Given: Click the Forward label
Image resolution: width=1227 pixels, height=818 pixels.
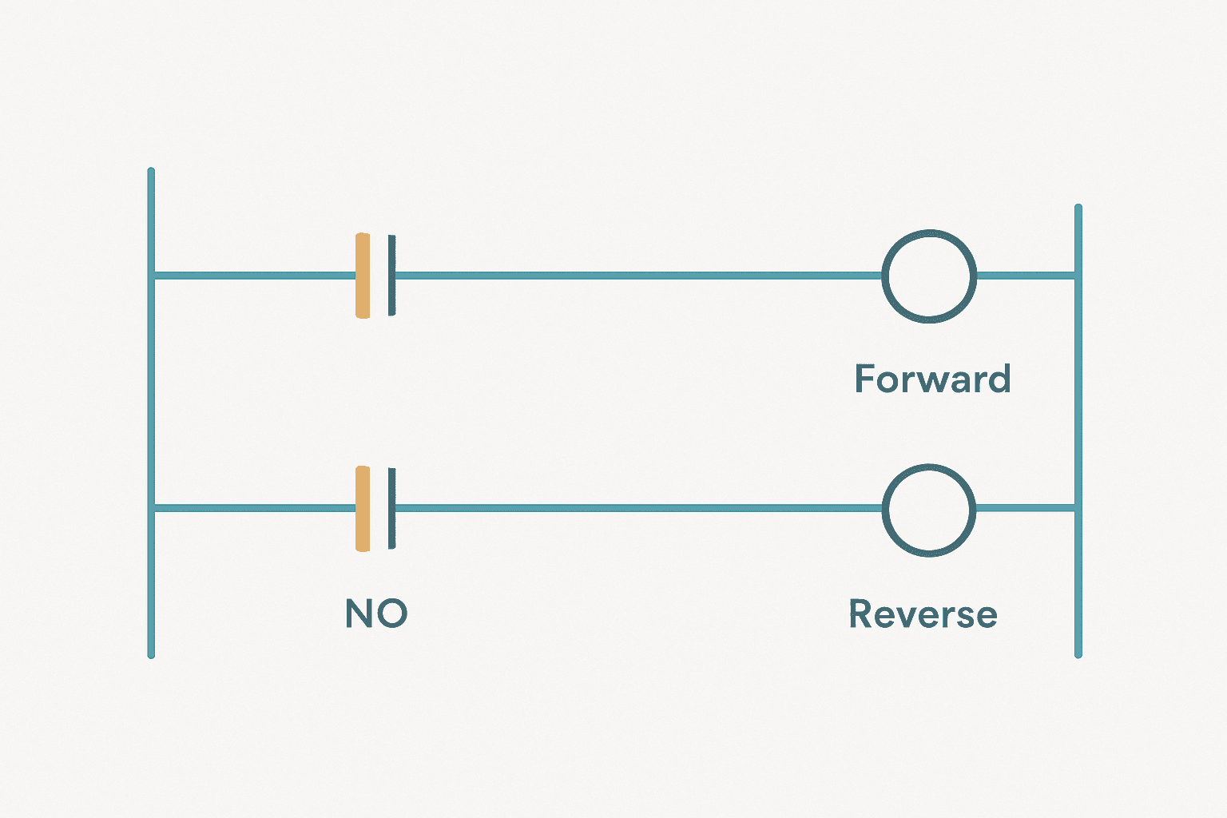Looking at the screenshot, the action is click(x=932, y=379).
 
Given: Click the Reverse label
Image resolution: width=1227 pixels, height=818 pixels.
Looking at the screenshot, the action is click(x=923, y=613).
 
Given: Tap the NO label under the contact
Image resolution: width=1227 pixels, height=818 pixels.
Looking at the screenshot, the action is click(x=376, y=613).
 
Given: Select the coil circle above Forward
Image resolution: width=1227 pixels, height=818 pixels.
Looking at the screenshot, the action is click(x=883, y=276).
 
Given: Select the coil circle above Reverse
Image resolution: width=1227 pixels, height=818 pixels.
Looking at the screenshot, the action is click(x=883, y=510).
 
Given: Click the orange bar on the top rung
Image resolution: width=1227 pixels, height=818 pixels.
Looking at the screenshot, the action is click(x=363, y=276).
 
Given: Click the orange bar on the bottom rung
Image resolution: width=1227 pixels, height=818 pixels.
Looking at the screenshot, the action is click(x=363, y=508).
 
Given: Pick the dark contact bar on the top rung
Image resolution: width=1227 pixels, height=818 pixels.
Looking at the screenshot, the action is click(x=391, y=276).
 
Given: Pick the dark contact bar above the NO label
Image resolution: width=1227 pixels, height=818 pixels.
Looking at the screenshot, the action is click(x=391, y=508).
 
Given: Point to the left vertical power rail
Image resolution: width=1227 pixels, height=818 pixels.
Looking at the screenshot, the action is click(x=151, y=412).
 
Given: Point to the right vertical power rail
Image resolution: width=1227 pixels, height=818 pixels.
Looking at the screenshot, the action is click(x=1078, y=431).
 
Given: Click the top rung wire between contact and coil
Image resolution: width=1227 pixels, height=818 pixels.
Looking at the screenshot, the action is click(x=639, y=276).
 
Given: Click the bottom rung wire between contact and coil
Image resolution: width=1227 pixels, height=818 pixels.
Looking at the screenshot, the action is click(x=639, y=508).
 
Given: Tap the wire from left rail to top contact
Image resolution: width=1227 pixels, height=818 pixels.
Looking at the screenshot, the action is click(x=255, y=276).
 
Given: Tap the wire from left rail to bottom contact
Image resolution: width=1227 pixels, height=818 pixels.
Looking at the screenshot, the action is click(x=255, y=508).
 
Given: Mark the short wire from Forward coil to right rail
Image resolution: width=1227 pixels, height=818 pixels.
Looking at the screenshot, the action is click(x=1026, y=276).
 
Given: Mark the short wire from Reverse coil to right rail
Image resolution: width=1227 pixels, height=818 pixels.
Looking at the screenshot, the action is click(x=1026, y=508).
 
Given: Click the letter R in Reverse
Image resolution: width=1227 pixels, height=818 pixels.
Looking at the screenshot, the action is click(x=860, y=613).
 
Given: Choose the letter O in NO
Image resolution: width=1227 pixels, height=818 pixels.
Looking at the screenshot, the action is click(x=393, y=613).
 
